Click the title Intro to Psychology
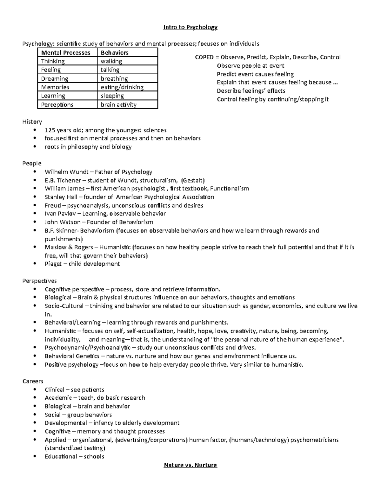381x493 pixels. point(190,27)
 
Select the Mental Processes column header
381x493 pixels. point(66,53)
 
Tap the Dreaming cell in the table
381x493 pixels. point(55,79)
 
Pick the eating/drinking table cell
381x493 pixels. point(122,87)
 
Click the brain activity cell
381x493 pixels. point(118,105)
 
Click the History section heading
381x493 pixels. point(32,122)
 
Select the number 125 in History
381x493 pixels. point(50,130)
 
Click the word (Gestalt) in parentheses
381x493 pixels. point(193,180)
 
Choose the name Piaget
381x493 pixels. point(53,264)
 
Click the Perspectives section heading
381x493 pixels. point(39,281)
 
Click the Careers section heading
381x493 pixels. point(33,381)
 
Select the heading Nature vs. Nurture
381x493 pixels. point(190,465)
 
